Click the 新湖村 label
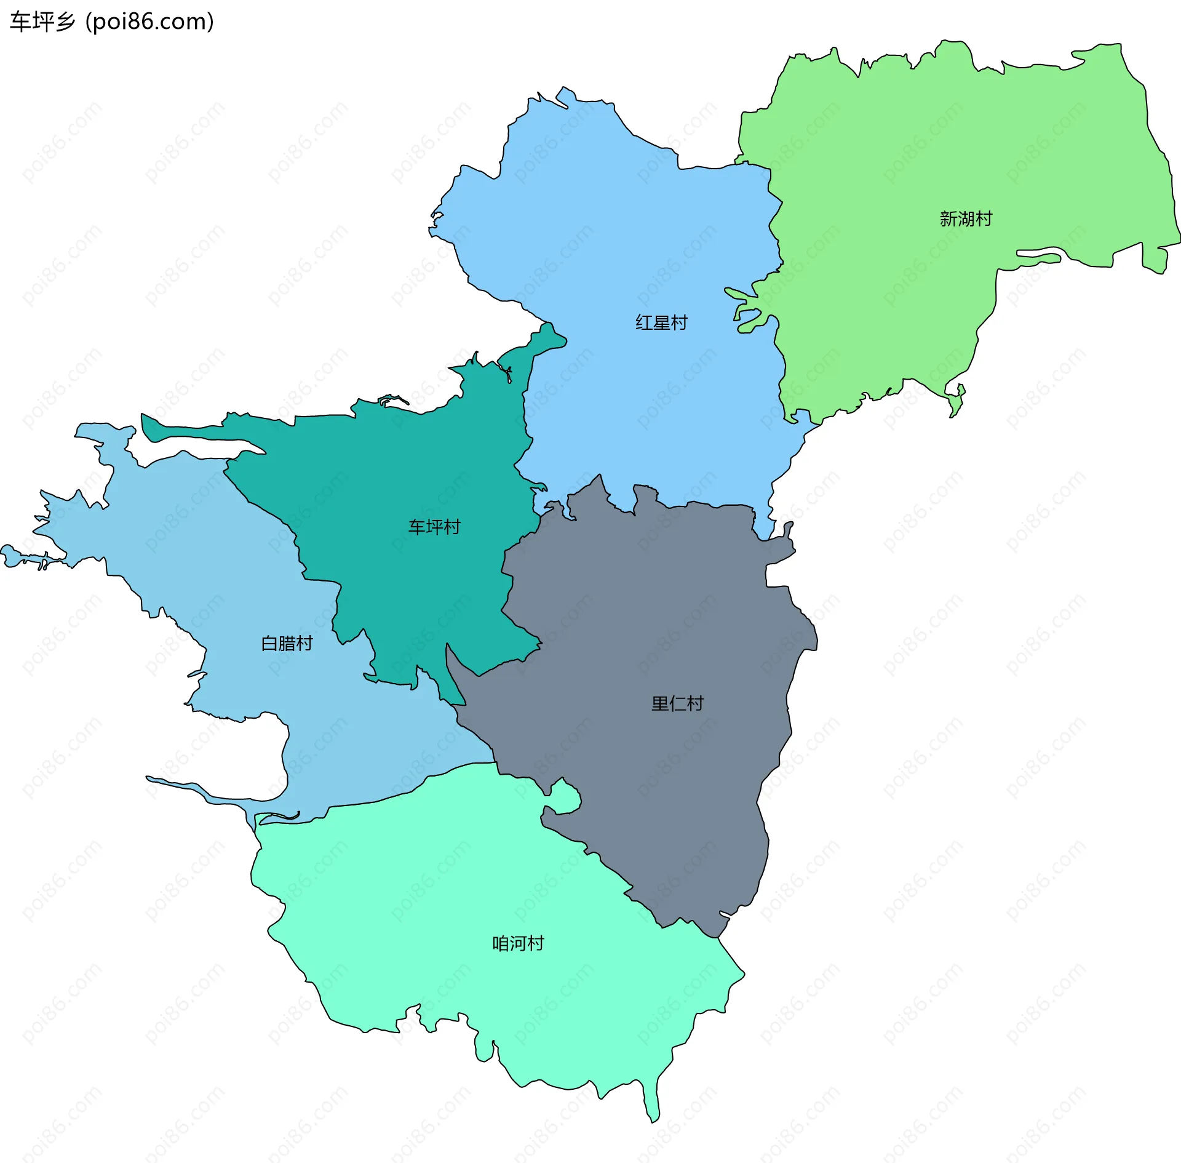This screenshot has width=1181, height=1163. pyautogui.click(x=966, y=219)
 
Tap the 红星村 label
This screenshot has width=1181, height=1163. pyautogui.click(x=661, y=323)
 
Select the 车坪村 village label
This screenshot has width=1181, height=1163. pyautogui.click(x=434, y=527)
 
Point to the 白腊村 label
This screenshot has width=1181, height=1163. pyautogui.click(x=287, y=644)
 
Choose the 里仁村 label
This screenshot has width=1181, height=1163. pyautogui.click(x=677, y=704)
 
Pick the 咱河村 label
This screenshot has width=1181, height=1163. pyautogui.click(x=518, y=944)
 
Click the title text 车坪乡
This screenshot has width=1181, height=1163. pyautogui.click(x=42, y=22)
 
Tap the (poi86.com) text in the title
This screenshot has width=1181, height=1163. pyautogui.click(x=149, y=22)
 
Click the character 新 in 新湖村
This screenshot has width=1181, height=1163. pyautogui.click(x=948, y=219)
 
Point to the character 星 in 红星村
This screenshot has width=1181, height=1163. pyautogui.click(x=661, y=323)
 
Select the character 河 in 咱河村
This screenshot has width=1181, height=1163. pyautogui.click(x=518, y=944)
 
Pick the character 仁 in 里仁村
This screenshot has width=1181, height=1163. pyautogui.click(x=677, y=704)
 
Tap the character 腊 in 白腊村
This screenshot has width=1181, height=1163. pyautogui.click(x=287, y=644)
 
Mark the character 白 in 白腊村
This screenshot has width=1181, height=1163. pyautogui.click(x=270, y=644)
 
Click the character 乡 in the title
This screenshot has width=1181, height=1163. pyautogui.click(x=65, y=22)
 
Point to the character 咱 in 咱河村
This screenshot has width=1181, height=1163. pyautogui.click(x=501, y=944)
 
